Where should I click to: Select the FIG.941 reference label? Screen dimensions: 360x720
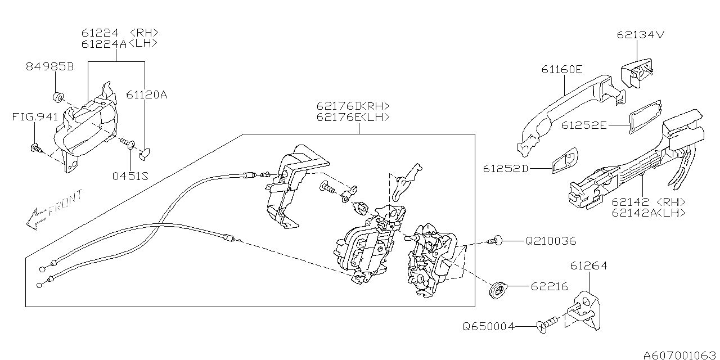[x=35, y=117]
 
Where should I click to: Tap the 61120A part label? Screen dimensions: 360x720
[x=146, y=94]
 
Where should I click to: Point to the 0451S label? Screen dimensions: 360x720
[x=130, y=175]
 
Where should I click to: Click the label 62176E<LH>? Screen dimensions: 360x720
[x=353, y=117]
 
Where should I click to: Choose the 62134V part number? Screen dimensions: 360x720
[x=641, y=35]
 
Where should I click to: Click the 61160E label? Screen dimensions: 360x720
[x=562, y=69]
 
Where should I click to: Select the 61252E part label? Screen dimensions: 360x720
[x=584, y=125]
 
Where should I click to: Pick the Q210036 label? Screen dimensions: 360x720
[x=551, y=241]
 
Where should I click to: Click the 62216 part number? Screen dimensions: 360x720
[x=549, y=286]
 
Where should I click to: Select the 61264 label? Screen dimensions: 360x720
[x=588, y=265]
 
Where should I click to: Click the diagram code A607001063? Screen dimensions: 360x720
[x=680, y=354]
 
